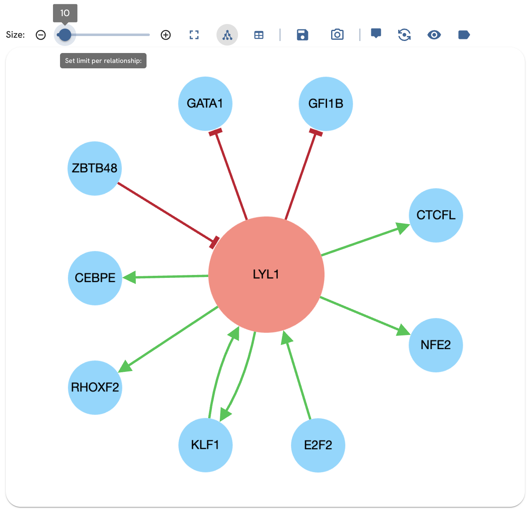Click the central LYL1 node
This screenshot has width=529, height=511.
pyautogui.click(x=266, y=275)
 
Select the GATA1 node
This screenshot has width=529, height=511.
pyautogui.click(x=205, y=104)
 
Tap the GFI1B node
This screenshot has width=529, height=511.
pyautogui.click(x=326, y=104)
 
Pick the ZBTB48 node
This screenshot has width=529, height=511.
pyautogui.click(x=95, y=169)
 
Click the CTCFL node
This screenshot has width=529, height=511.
pyautogui.click(x=436, y=215)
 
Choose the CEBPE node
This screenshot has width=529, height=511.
pyautogui.click(x=95, y=278)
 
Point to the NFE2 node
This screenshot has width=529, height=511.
pyautogui.click(x=435, y=345)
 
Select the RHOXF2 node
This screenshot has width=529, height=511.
pyautogui.click(x=95, y=387)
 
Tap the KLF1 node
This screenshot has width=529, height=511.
pyautogui.click(x=205, y=445)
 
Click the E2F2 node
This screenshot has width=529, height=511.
pyautogui.click(x=318, y=445)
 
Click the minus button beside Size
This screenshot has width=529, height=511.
pyautogui.click(x=41, y=35)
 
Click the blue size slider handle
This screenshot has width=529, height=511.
pyautogui.click(x=65, y=35)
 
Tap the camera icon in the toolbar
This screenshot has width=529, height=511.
pyautogui.click(x=337, y=35)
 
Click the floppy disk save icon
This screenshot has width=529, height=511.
pyautogui.click(x=303, y=35)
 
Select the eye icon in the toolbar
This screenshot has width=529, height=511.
pyautogui.click(x=434, y=35)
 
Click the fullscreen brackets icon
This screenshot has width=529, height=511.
pyautogui.click(x=194, y=35)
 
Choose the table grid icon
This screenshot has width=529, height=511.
pyautogui.click(x=259, y=35)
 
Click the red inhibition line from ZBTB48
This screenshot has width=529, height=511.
pyautogui.click(x=166, y=212)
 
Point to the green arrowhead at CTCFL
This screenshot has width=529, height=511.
pyautogui.click(x=402, y=228)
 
